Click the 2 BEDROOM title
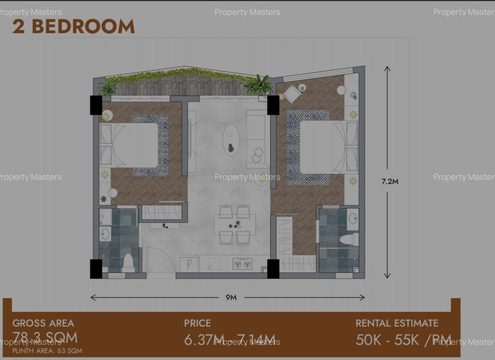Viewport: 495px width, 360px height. click(73, 26)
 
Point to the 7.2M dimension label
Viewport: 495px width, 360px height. click(390, 181)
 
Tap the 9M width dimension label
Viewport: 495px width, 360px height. click(231, 297)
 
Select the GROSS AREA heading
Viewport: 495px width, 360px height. click(43, 323)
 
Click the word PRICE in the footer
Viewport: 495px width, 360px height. click(198, 323)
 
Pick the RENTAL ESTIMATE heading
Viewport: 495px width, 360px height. click(397, 323)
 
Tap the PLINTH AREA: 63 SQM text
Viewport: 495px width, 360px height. click(47, 351)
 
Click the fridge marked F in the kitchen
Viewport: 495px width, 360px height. click(189, 264)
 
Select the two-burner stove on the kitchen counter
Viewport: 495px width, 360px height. click(243, 264)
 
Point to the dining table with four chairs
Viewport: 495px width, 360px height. click(235, 225)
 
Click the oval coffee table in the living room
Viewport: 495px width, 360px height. click(231, 140)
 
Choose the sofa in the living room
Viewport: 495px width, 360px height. click(256, 139)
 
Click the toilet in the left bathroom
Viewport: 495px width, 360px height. click(128, 263)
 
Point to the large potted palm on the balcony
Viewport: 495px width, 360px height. click(259, 85)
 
